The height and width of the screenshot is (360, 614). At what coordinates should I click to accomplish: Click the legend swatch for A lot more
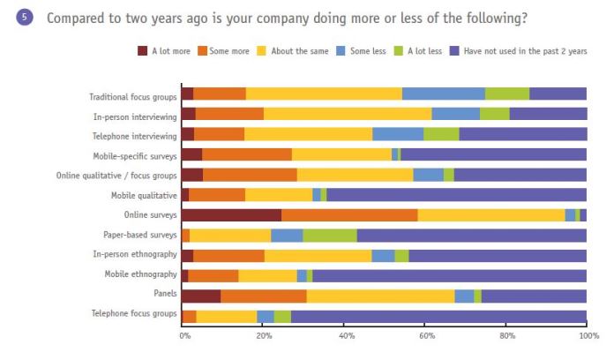tap(143, 50)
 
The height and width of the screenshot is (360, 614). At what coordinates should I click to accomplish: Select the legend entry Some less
tap(368, 50)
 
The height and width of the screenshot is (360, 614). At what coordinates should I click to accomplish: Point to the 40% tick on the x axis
tap(346, 336)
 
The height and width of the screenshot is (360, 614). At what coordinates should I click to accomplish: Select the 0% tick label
tap(185, 336)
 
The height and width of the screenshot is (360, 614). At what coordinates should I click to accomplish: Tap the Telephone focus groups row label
tap(133, 314)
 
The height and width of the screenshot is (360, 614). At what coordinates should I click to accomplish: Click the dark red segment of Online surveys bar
tap(231, 214)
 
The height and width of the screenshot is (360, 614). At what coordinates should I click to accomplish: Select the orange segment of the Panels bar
tap(263, 295)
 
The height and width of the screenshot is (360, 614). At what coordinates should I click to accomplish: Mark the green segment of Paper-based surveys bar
tap(330, 235)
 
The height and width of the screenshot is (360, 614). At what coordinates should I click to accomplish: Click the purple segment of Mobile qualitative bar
tap(456, 194)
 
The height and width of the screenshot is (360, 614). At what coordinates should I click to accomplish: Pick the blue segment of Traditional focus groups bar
tap(443, 94)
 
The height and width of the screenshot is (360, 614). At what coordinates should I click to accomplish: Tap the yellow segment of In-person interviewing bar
tap(348, 114)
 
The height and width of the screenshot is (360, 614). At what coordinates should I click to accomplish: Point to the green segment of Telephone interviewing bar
tap(441, 134)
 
